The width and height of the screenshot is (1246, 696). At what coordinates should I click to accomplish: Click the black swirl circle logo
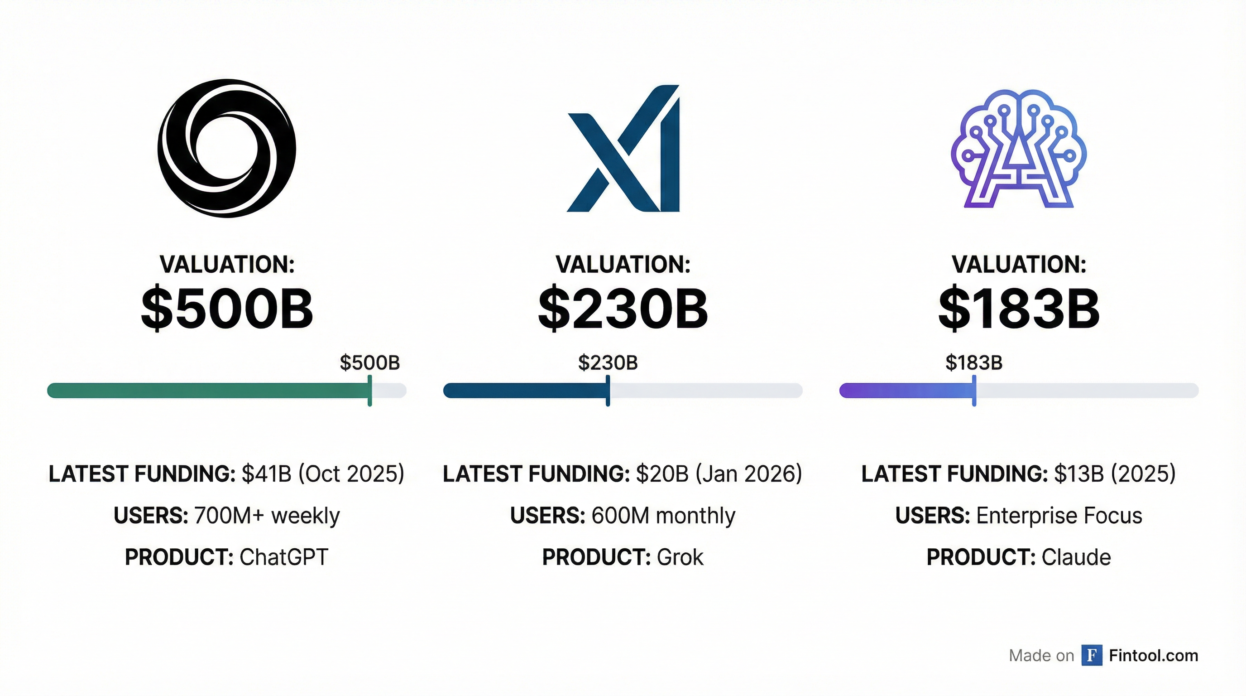226,148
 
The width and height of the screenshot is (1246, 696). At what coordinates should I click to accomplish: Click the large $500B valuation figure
227,309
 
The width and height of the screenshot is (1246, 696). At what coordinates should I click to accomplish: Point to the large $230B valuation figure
623,309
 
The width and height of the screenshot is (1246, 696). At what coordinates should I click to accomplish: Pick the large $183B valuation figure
1019,309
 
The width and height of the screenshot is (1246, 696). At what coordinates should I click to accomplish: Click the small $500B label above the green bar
369,362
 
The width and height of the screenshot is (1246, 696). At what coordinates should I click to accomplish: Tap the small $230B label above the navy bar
608,362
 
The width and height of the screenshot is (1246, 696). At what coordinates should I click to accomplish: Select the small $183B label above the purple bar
974,362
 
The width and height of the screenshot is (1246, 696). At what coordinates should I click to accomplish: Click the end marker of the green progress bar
369,390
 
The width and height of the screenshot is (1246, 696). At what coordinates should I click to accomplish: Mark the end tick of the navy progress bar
608,390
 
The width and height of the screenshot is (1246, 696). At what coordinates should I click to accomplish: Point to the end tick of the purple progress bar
974,390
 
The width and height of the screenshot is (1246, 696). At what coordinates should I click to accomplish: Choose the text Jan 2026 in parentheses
748,474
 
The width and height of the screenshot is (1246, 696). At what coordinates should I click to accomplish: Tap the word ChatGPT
284,557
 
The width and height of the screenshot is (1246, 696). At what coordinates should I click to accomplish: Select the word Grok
680,557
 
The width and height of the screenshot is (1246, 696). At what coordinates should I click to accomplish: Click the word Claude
1076,557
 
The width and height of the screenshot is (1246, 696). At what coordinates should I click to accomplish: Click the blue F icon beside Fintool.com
1092,655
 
